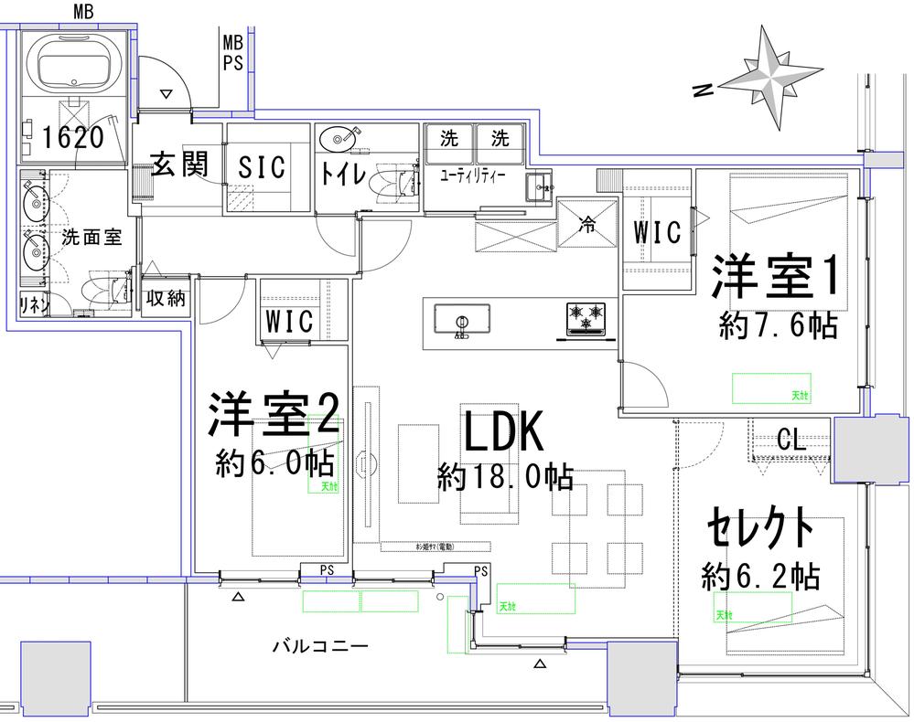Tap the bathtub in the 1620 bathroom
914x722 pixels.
(x=77, y=62)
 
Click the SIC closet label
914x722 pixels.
(x=262, y=167)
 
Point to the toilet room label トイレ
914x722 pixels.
(x=343, y=174)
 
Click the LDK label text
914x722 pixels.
(x=503, y=432)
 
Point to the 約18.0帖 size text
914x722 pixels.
(x=505, y=477)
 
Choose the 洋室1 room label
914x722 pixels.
(x=776, y=277)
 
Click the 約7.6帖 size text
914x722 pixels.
(x=778, y=326)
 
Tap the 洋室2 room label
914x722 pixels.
(x=274, y=416)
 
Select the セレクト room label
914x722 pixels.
(x=759, y=528)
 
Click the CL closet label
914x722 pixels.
(x=791, y=441)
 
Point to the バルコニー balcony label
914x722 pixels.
(x=320, y=647)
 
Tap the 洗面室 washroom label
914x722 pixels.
(x=91, y=237)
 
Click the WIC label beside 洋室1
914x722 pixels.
(x=658, y=232)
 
